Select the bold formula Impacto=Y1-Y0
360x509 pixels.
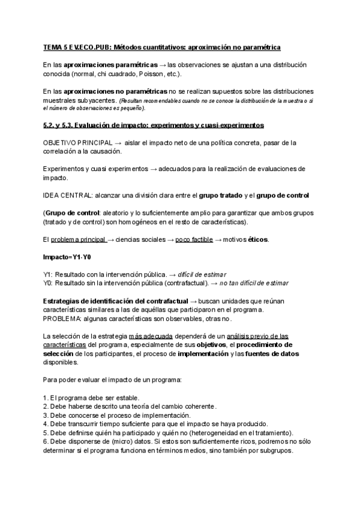pos(67,257)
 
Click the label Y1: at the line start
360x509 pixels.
pos(48,274)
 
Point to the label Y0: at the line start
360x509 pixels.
pos(48,283)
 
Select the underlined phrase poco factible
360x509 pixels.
pos(194,239)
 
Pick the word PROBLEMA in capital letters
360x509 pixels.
pos(62,319)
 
